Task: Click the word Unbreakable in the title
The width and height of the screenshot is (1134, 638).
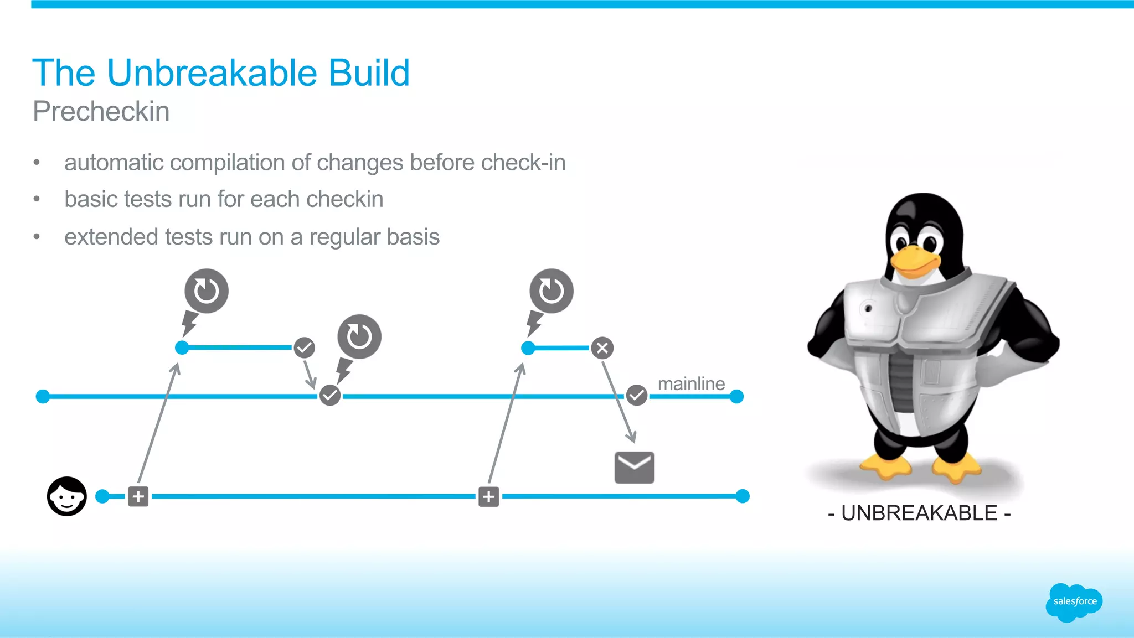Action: click(x=212, y=73)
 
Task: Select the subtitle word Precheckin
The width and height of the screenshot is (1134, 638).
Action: click(x=101, y=111)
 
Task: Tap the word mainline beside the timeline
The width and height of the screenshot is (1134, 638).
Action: click(x=691, y=383)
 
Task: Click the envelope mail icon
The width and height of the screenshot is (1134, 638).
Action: click(x=635, y=468)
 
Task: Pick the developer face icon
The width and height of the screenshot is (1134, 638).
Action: click(x=67, y=496)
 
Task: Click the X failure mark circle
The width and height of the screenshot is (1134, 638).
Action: click(x=602, y=348)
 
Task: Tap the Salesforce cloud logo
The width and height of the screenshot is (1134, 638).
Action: click(x=1074, y=602)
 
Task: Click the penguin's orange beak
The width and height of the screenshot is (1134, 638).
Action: click(x=915, y=261)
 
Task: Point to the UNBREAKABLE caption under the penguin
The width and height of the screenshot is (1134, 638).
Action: click(x=919, y=513)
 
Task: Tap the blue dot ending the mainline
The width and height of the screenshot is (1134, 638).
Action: click(x=736, y=397)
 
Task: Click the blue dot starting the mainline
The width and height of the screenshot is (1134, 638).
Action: click(x=43, y=397)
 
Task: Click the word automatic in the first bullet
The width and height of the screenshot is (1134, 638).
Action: click(x=114, y=163)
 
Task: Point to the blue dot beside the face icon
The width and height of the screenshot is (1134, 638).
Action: click(x=102, y=496)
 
